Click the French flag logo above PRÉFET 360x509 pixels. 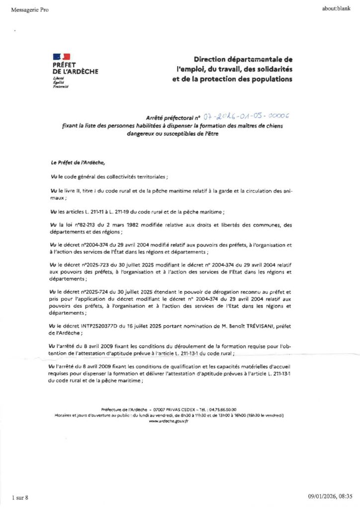tap(61, 57)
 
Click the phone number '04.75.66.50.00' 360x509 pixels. tap(224, 409)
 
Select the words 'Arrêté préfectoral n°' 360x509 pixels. tap(173, 118)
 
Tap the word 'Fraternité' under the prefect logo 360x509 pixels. tap(60, 86)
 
